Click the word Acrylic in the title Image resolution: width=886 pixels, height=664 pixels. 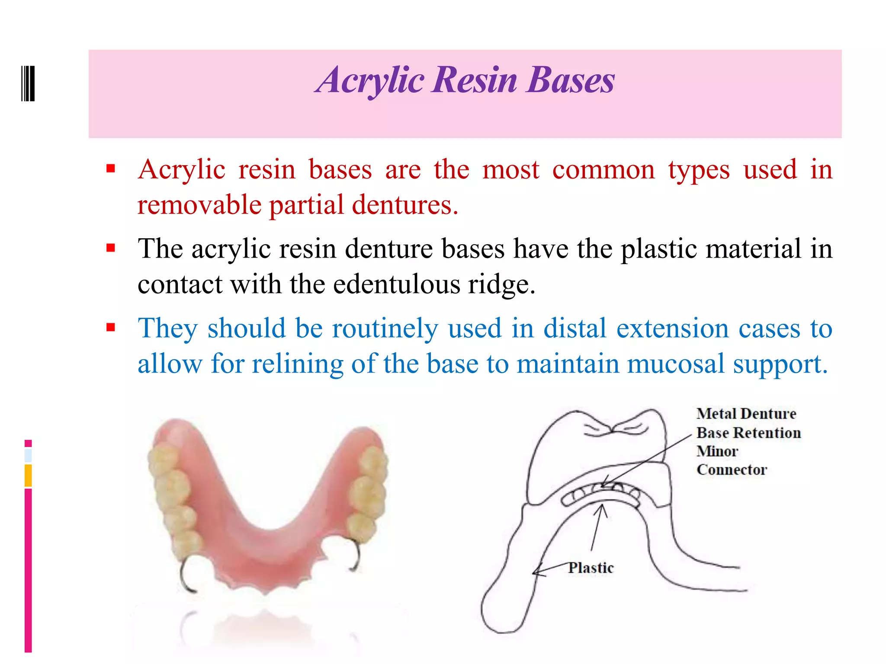370,80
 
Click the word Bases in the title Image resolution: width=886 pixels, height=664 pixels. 571,80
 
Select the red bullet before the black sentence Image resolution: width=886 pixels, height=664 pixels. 111,248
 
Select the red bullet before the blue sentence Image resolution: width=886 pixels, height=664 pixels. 111,327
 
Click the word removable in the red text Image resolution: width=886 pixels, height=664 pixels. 199,205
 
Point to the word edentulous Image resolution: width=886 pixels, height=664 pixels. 397,284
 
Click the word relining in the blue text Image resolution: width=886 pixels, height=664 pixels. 298,364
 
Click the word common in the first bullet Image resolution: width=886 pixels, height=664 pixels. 604,169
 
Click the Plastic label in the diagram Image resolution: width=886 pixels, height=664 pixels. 591,568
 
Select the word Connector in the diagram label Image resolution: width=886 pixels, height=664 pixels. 732,469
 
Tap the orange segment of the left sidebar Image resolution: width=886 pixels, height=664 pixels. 28,476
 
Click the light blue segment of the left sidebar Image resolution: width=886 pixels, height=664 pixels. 28,455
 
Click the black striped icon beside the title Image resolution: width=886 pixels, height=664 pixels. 28,83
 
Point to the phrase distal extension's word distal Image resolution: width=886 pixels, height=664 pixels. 575,328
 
